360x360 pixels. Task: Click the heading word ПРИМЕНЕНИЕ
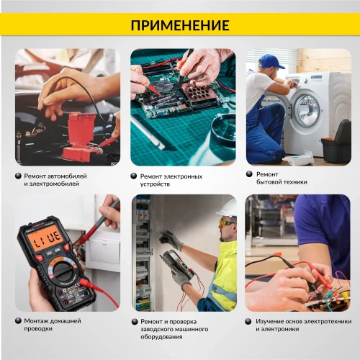click(180, 25)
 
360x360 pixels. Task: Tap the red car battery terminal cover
click(77, 132)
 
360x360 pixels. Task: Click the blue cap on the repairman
click(271, 61)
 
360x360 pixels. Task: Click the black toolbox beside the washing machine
click(336, 143)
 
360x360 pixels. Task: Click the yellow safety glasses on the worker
click(226, 222)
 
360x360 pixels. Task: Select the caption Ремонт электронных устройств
click(171, 179)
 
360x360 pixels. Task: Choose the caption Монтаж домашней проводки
click(52, 324)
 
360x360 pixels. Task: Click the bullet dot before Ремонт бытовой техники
click(250, 174)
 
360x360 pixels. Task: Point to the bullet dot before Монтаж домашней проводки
click(18, 320)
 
